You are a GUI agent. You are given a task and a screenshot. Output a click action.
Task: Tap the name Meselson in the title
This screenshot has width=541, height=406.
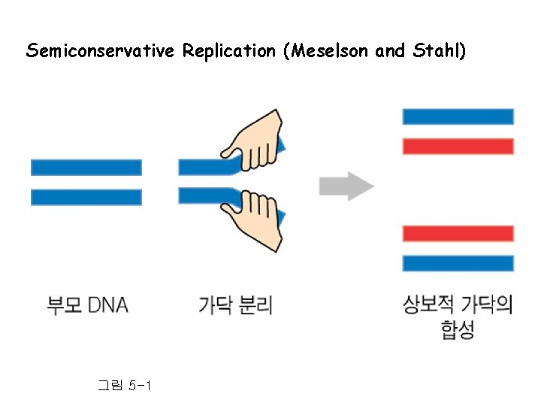(x=328, y=51)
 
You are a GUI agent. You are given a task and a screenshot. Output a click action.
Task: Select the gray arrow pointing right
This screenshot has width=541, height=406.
(x=346, y=186)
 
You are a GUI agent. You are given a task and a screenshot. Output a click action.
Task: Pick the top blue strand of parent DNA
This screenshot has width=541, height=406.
(x=86, y=167)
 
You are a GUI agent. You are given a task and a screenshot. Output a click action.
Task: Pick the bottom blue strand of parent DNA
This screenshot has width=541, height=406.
(x=86, y=197)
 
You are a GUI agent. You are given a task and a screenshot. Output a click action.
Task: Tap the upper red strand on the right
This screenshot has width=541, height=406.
(x=458, y=146)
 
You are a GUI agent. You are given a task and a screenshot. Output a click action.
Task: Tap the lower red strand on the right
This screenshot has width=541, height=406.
(x=458, y=233)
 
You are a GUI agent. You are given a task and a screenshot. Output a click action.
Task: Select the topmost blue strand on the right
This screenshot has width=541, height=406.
(x=458, y=117)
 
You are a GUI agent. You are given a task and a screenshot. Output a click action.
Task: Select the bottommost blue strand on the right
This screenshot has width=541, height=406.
(x=458, y=263)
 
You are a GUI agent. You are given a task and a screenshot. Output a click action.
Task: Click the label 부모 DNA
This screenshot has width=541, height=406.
(x=88, y=305)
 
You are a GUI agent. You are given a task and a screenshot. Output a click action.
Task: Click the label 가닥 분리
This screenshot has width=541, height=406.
(x=235, y=305)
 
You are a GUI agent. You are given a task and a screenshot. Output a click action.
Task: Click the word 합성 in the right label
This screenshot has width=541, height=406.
(x=458, y=331)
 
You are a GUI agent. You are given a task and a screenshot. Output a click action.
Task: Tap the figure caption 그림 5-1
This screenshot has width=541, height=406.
(x=125, y=386)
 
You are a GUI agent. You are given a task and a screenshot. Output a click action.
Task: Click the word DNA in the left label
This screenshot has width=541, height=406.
(x=108, y=305)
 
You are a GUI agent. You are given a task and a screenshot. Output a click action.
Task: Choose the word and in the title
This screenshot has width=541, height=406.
(x=389, y=51)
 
